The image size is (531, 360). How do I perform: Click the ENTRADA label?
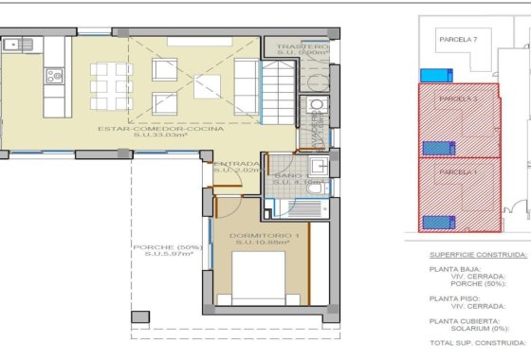pyautogui.click(x=236, y=164)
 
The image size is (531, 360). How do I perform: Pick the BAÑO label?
pyautogui.click(x=288, y=176)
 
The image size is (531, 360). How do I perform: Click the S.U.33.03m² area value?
pyautogui.click(x=172, y=136)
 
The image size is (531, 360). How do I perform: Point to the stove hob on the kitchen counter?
pyautogui.click(x=54, y=76)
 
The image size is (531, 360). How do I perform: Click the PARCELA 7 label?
pyautogui.click(x=456, y=40)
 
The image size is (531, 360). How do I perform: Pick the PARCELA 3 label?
pyautogui.click(x=456, y=99)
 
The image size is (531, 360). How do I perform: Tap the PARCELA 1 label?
pyautogui.click(x=456, y=171)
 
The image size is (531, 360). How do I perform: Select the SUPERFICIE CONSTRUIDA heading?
pyautogui.click(x=477, y=255)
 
